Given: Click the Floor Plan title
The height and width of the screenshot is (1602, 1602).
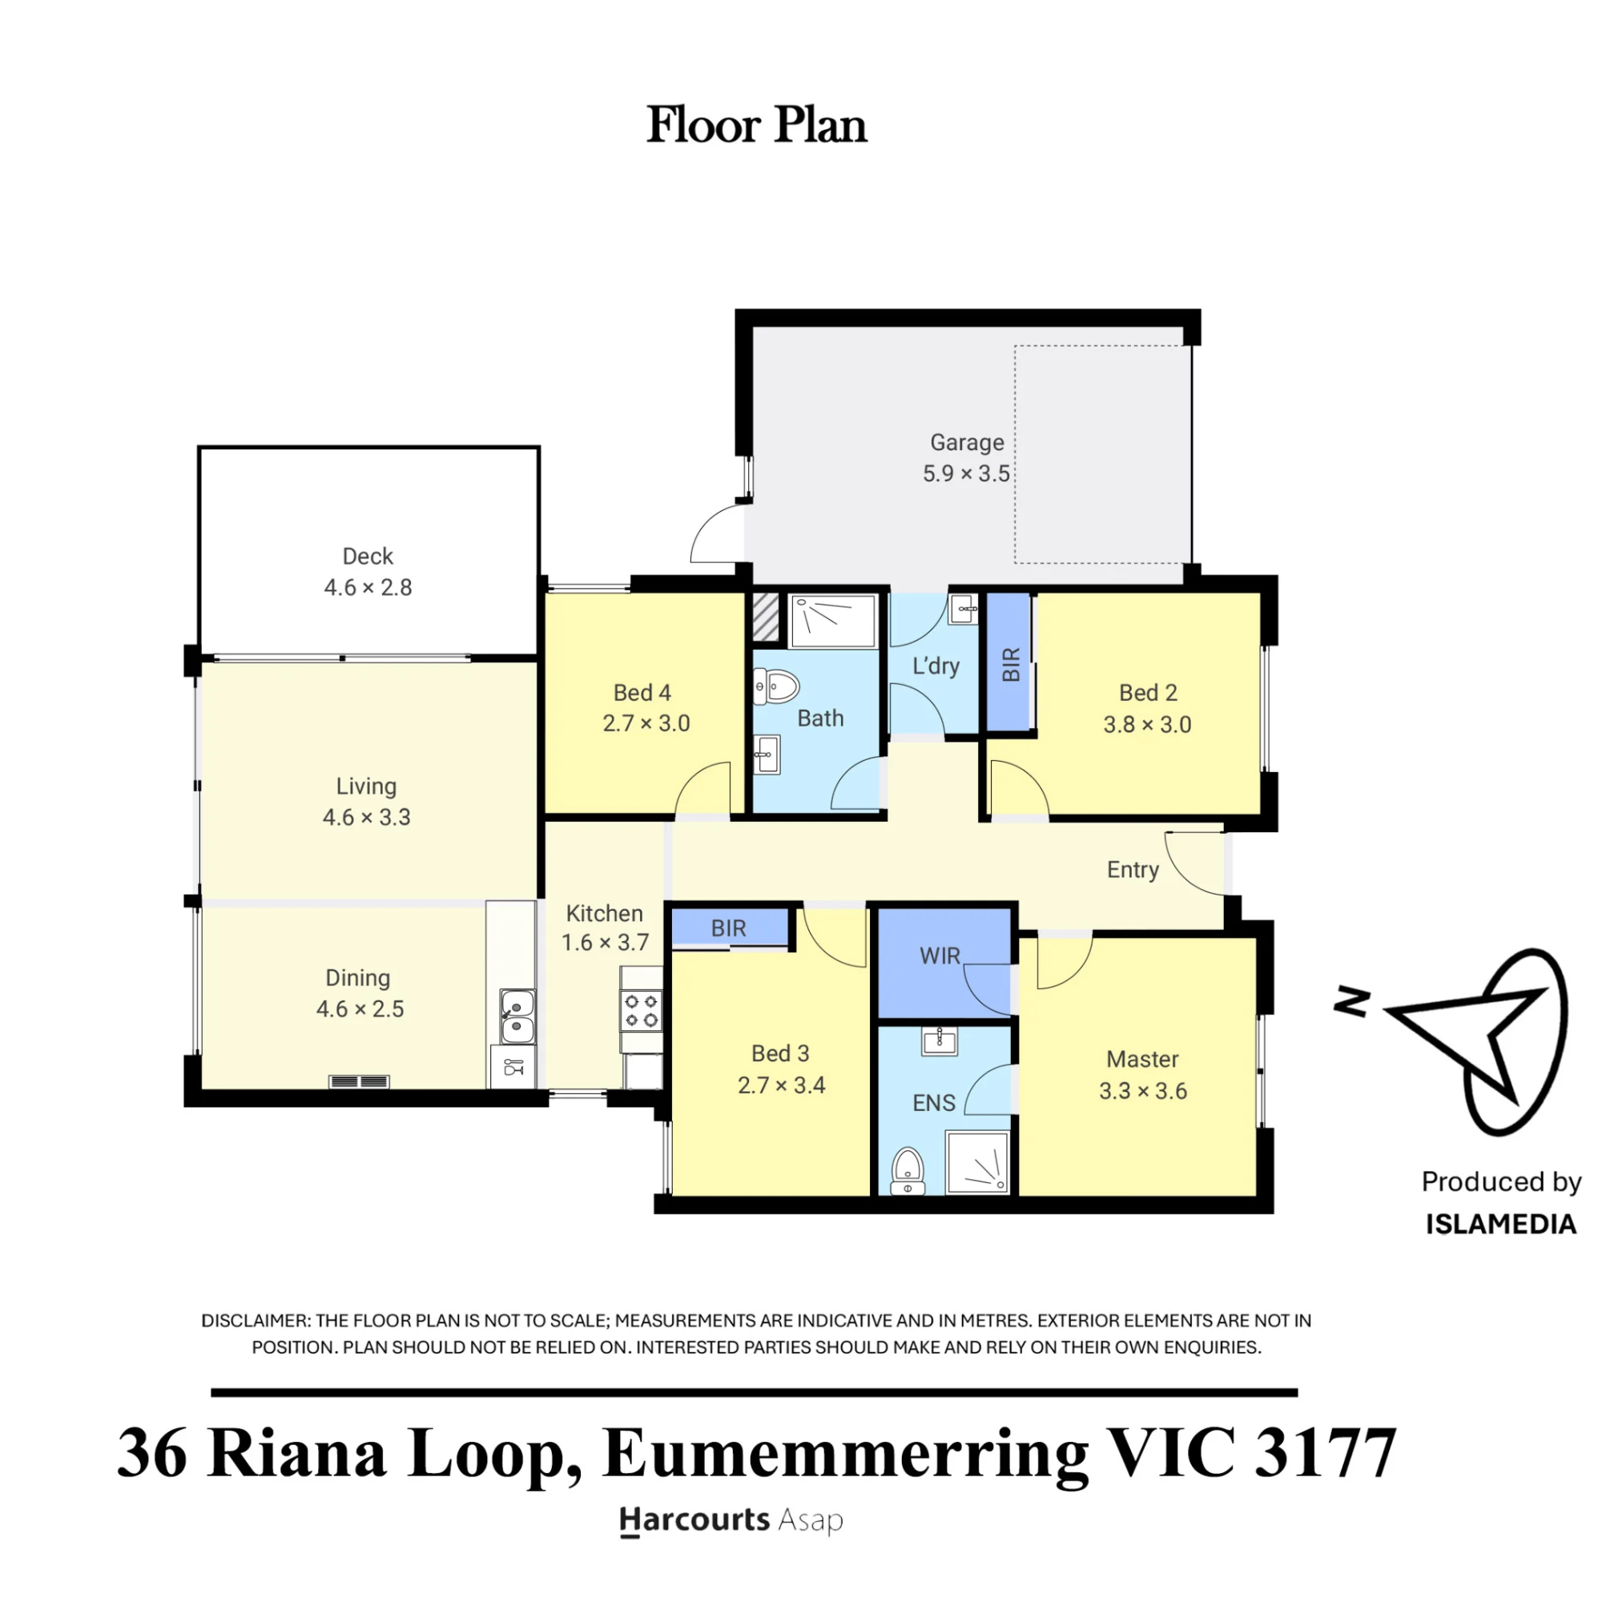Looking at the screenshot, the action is pyautogui.click(x=756, y=126).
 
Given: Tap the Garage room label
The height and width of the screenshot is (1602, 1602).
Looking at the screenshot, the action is pyautogui.click(x=967, y=443).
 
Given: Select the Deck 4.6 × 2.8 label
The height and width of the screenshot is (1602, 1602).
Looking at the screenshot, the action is pyautogui.click(x=368, y=571).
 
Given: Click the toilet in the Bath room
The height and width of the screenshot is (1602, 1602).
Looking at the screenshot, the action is pyautogui.click(x=776, y=686).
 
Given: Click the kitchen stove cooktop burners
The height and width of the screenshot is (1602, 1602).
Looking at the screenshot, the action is pyautogui.click(x=642, y=1011).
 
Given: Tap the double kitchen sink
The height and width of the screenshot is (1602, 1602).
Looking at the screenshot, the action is pyautogui.click(x=517, y=1016).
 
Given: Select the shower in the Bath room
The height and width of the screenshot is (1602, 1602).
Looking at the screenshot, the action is pyautogui.click(x=832, y=621).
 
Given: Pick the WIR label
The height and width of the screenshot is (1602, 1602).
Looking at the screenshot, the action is pyautogui.click(x=940, y=956).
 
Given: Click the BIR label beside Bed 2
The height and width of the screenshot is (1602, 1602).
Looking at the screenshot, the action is pyautogui.click(x=1011, y=664).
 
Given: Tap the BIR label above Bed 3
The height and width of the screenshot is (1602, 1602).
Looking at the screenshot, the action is pyautogui.click(x=728, y=928).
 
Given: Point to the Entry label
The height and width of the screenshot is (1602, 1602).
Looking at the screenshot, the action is pyautogui.click(x=1133, y=870).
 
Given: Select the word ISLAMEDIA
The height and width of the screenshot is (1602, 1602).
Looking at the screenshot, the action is pyautogui.click(x=1501, y=1225).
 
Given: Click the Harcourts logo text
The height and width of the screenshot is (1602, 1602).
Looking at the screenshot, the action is pyautogui.click(x=694, y=1520).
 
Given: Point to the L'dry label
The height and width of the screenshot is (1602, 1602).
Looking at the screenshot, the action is pyautogui.click(x=936, y=666).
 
